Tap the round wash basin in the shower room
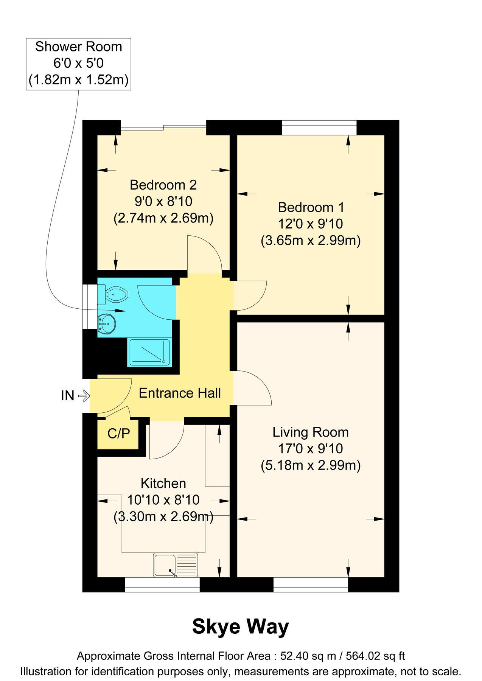[x=107, y=324]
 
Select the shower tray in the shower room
[x=150, y=352]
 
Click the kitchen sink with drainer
[x=176, y=565]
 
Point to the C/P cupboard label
[x=118, y=434]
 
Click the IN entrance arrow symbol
[x=84, y=396]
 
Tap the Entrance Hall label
[x=180, y=393]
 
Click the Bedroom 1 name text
[x=311, y=207]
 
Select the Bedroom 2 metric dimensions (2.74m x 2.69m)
[x=163, y=218]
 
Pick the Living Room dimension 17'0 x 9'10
[x=311, y=449]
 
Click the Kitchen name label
[x=163, y=484]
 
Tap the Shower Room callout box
[x=78, y=64]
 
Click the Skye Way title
[x=240, y=627]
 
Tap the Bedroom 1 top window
[x=319, y=127]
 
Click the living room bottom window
[x=311, y=585]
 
